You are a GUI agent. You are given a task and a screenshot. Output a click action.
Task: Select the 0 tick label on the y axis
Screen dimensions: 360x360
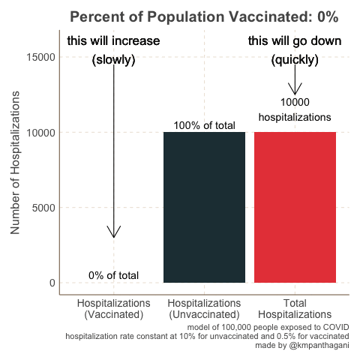[52, 283]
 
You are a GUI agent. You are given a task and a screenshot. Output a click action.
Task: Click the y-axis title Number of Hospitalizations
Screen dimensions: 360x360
[16, 169]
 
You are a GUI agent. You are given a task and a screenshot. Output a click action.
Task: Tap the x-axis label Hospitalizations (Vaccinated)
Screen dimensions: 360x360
[113, 309]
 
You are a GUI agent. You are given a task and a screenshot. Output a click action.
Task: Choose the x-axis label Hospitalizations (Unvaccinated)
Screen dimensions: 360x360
[204, 309]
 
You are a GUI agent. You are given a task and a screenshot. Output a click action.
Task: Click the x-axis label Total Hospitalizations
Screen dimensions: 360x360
[295, 309]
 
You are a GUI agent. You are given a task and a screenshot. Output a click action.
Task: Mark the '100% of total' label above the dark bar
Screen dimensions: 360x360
[204, 126]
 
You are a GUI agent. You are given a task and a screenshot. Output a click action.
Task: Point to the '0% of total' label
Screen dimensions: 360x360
[113, 275]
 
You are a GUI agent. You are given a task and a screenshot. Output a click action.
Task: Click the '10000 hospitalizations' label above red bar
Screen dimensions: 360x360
[295, 109]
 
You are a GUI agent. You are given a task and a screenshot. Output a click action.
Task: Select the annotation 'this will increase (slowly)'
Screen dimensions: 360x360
[113, 50]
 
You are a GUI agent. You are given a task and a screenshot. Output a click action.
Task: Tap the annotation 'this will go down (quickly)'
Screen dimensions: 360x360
[295, 50]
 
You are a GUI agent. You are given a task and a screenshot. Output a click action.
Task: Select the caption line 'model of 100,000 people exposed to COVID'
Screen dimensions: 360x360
[268, 328]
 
